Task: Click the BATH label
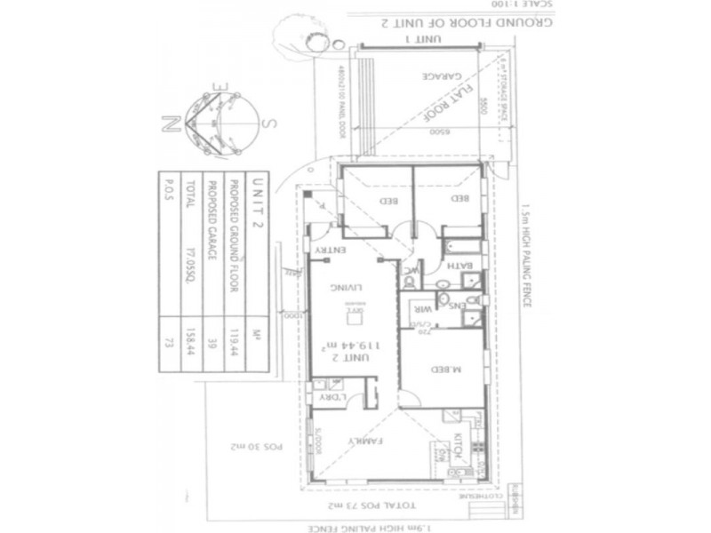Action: tap(462, 265)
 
